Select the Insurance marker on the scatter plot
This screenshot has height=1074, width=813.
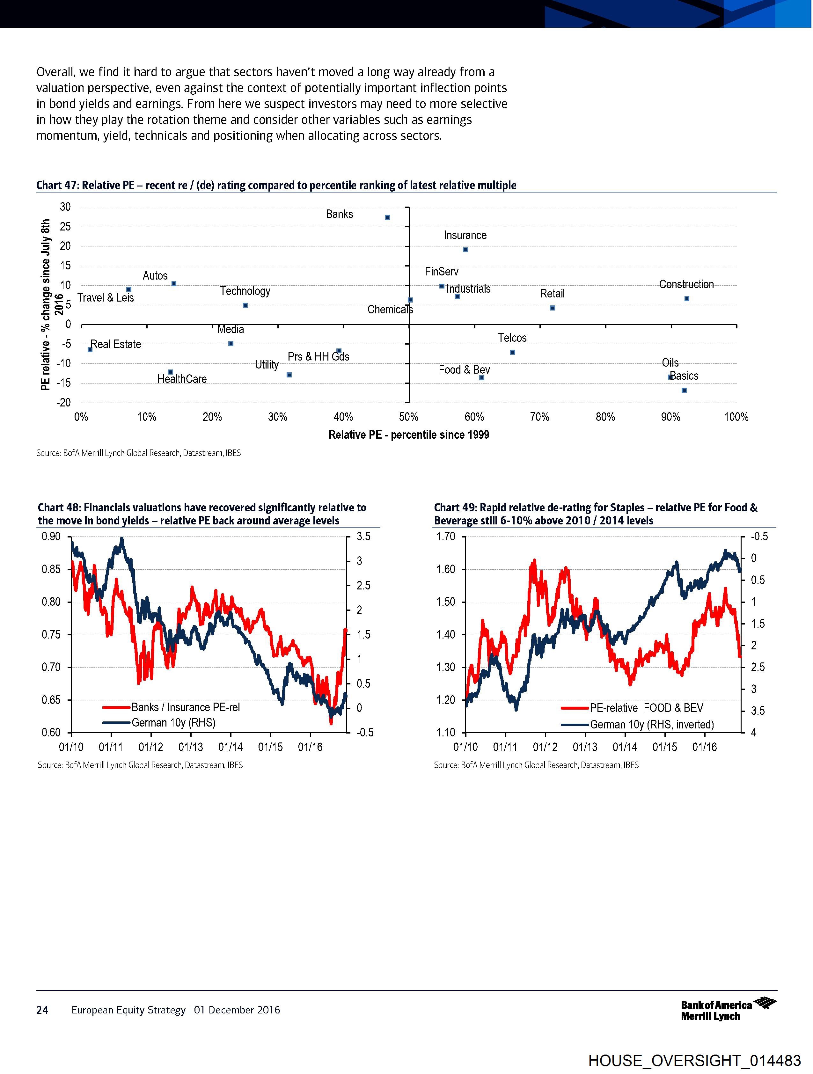pos(465,250)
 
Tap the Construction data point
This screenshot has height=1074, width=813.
pos(687,299)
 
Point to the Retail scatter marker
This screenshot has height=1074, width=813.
pos(552,308)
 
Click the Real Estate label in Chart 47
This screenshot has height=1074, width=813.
pos(116,344)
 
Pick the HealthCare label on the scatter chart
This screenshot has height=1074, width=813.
pos(182,379)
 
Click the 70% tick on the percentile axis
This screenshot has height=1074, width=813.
pos(539,417)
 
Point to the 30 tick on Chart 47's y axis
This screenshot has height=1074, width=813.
pos(65,207)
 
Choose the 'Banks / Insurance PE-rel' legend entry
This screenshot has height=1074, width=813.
pos(186,707)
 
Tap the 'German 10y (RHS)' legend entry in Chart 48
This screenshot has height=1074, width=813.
pos(173,722)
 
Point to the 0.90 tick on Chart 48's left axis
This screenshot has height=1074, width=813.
pos(51,537)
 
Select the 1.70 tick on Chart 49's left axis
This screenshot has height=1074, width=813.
pos(445,537)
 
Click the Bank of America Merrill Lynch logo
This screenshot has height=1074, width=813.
pos(728,1010)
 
